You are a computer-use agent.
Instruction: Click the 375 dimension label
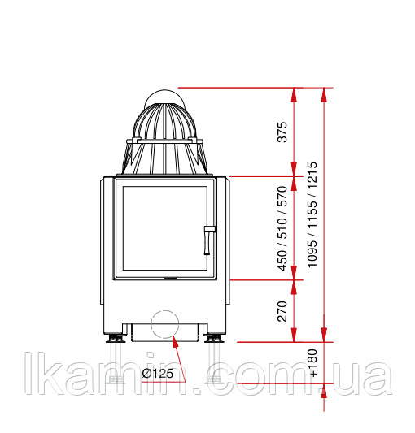(x=282, y=132)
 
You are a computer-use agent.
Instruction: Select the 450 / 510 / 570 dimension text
(x=282, y=228)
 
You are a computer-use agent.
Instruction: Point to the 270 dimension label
(x=282, y=311)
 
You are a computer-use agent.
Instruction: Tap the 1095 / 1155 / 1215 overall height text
(x=312, y=214)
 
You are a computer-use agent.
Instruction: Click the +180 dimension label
(x=313, y=363)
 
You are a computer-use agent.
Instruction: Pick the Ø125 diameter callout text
(x=157, y=374)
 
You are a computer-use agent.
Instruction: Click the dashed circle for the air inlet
(x=165, y=310)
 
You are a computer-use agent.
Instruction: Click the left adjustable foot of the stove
(x=116, y=338)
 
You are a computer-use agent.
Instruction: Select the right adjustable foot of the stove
(x=214, y=338)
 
